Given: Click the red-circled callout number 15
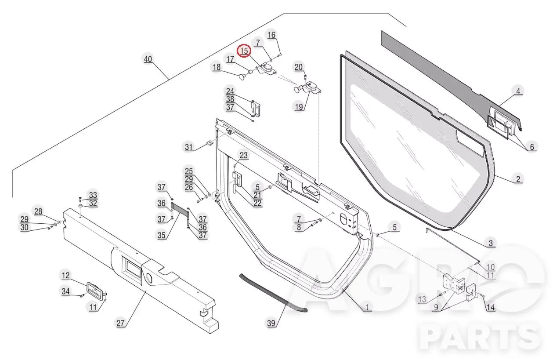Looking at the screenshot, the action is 244,51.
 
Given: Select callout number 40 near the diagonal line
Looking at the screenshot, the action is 148,59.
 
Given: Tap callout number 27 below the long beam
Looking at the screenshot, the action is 120,323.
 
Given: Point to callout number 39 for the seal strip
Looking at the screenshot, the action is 271,323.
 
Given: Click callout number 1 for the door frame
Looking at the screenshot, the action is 367,307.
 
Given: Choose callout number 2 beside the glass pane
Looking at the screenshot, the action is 518,179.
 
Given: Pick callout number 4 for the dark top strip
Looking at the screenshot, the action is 518,91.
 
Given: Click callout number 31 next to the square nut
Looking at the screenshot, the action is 188,147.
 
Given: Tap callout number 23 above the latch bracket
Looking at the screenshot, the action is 244,155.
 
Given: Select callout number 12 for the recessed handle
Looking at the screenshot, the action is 66,275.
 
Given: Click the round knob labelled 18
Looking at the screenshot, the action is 242,76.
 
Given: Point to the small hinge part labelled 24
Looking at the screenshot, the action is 256,109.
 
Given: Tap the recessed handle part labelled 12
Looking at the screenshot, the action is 95,291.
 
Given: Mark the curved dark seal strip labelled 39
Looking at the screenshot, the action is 273,294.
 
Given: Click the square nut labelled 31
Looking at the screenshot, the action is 210,142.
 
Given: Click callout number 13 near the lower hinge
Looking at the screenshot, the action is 422,299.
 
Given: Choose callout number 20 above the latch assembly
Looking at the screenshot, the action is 299,67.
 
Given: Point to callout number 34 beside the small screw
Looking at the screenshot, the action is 65,291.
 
